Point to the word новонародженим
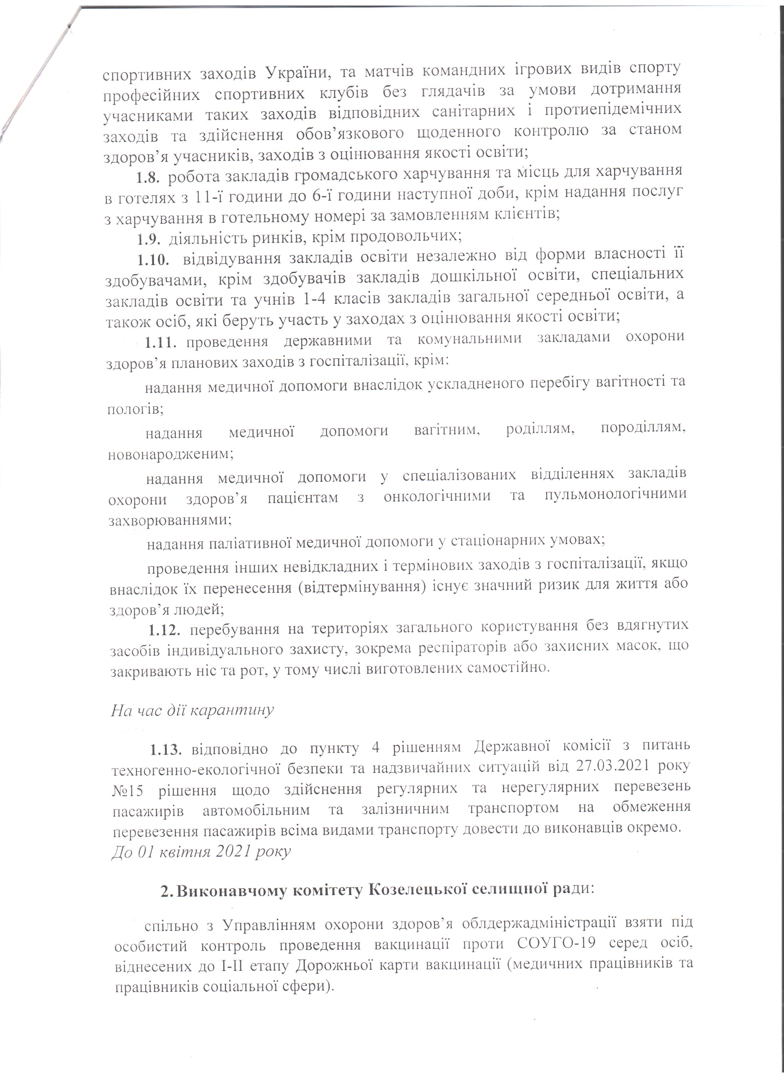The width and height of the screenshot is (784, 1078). click(x=171, y=455)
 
